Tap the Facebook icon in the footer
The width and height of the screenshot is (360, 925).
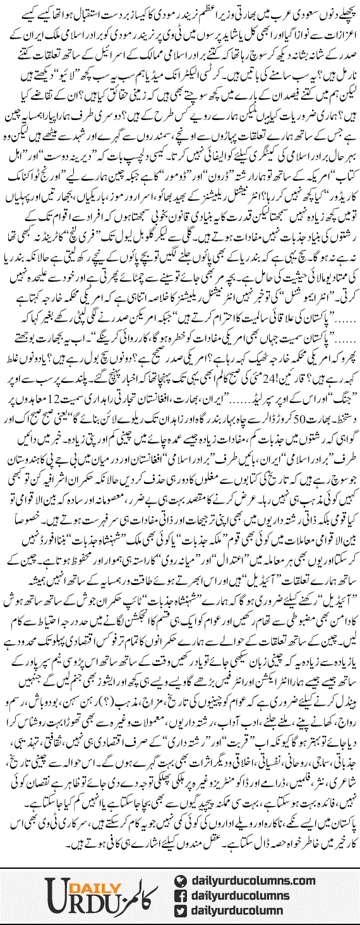(181, 892)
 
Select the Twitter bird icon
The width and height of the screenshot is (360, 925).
(181, 907)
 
